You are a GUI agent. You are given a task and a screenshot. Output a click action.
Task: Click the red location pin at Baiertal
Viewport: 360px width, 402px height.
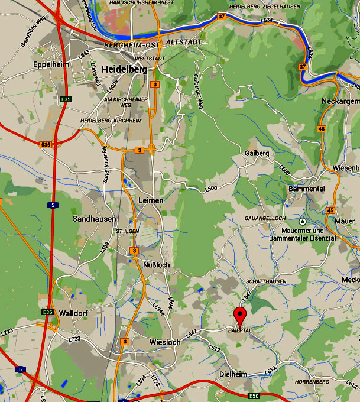tap(240, 315)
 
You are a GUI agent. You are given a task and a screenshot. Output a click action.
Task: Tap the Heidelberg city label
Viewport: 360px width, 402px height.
tap(125, 69)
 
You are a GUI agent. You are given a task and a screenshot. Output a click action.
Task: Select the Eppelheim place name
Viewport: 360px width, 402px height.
tap(51, 64)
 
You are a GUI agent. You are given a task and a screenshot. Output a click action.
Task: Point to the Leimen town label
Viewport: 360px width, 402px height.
tap(150, 201)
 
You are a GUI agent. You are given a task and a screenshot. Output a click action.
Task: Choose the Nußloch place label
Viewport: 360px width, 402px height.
tap(156, 265)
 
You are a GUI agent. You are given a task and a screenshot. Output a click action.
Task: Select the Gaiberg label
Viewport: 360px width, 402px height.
tap(257, 154)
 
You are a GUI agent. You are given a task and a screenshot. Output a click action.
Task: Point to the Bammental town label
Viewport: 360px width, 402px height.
tap(307, 189)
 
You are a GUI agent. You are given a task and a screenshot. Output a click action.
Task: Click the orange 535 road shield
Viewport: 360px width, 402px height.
tap(46, 145)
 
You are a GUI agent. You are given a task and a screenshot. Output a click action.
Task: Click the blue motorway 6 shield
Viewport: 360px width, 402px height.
tap(21, 369)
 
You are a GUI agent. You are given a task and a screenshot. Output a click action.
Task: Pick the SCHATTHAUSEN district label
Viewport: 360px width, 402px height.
tap(267, 282)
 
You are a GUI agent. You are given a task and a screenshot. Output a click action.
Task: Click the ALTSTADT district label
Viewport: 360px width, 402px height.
tap(184, 43)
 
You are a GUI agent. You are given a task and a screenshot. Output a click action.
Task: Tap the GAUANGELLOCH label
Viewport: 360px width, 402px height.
tap(265, 218)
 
